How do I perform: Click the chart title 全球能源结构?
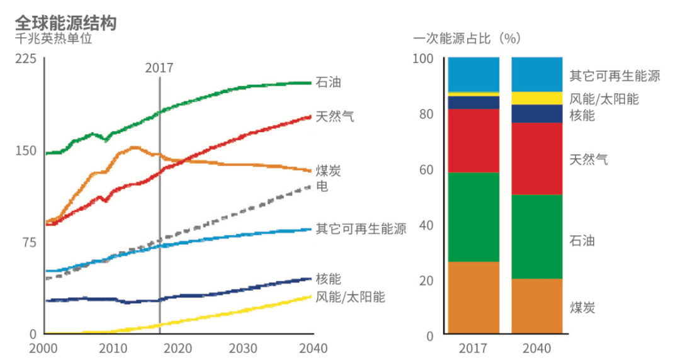65,23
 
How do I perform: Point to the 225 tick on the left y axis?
28,59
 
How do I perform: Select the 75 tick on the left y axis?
31,243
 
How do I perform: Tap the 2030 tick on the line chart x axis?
244,348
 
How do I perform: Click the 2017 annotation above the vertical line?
159,68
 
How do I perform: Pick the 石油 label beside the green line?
329,82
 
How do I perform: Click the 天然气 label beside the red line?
335,116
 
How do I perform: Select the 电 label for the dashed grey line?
322,186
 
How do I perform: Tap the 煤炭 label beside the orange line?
329,171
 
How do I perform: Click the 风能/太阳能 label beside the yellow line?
350,296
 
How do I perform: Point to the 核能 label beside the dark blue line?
329,279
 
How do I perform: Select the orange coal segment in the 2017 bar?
473,297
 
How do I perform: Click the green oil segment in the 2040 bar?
536,237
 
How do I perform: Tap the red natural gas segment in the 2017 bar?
473,140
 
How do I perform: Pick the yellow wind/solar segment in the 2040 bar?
536,98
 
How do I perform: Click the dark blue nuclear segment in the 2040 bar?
536,113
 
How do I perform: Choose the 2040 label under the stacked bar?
536,348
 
